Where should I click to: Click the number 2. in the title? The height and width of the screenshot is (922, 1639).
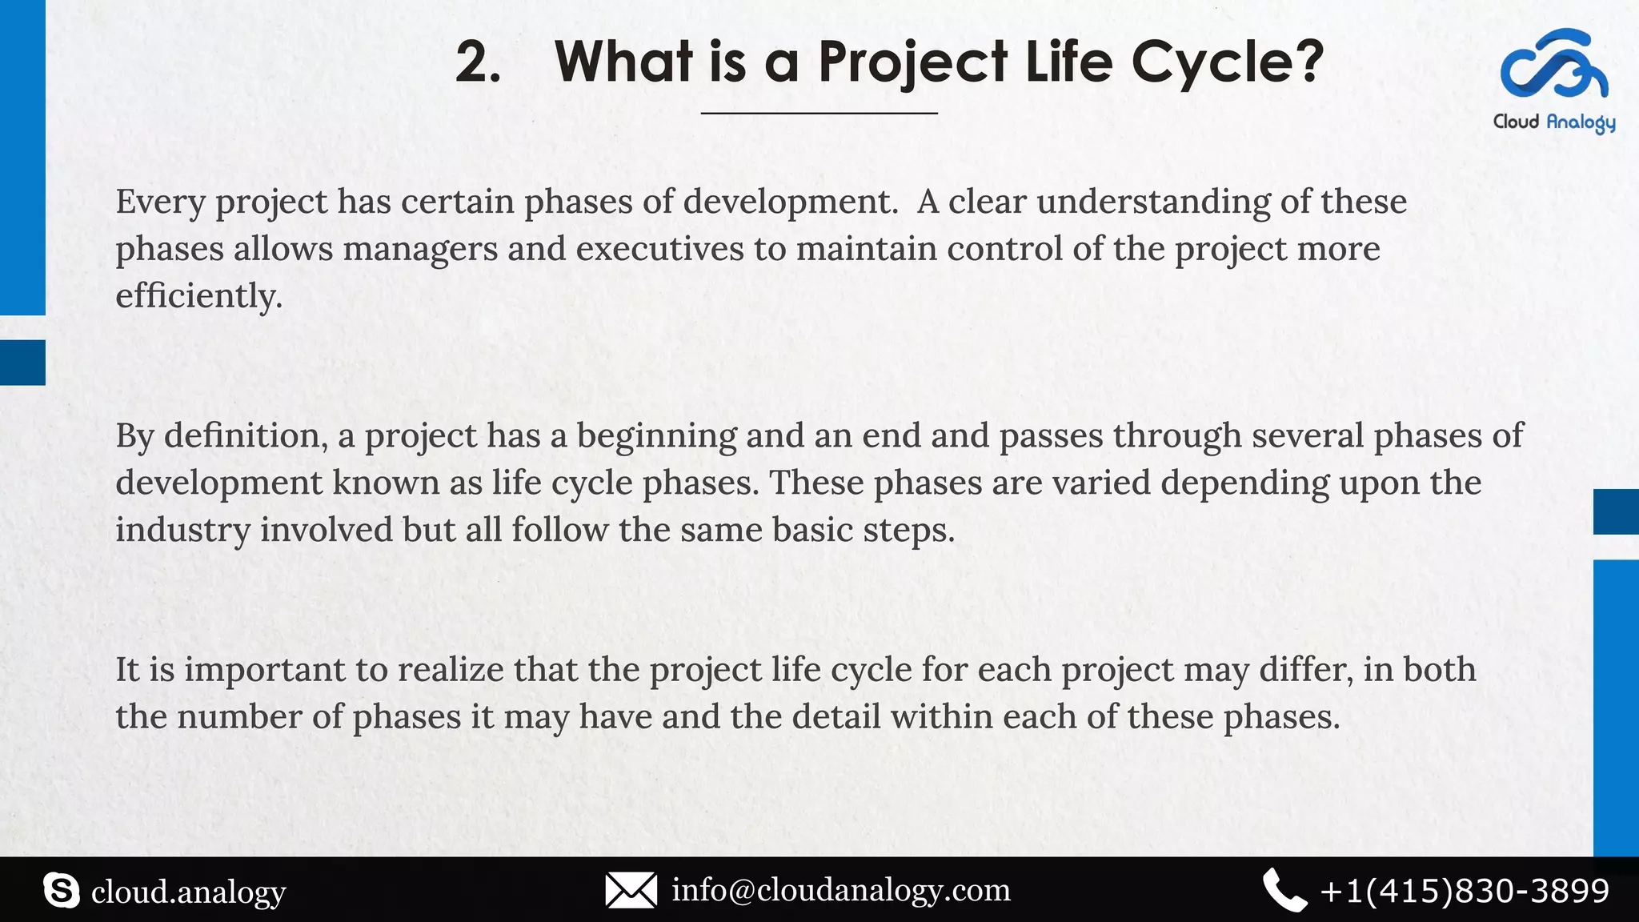478,62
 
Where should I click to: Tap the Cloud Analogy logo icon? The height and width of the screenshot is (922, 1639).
1553,64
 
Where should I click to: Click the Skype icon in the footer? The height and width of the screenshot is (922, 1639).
62,891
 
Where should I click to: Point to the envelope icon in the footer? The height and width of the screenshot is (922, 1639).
631,890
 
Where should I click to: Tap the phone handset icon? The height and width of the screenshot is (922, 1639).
1284,890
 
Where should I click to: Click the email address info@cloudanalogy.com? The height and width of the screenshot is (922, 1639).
840,890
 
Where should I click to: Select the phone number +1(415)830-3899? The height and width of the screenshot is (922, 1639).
1465,891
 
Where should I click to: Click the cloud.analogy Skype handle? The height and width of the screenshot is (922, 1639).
188,892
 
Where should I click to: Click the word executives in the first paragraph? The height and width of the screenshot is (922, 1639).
659,249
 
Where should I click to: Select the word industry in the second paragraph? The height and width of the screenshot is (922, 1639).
182,531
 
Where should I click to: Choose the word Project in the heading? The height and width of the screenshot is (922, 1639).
913,62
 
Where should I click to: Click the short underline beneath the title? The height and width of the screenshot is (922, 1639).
819,114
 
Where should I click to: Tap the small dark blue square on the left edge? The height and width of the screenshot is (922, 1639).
22,363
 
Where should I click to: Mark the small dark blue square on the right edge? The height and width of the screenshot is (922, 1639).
1616,511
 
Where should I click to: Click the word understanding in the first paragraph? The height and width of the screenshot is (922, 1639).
1153,202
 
